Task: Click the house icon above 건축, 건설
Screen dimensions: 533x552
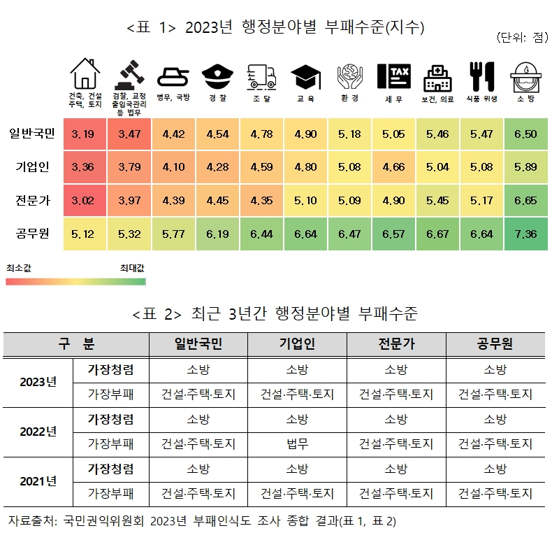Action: (x=85, y=72)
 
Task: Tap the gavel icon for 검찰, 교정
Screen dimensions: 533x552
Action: (x=129, y=72)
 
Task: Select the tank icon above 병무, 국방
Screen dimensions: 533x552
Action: (x=173, y=73)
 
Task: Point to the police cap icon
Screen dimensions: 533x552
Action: (x=217, y=73)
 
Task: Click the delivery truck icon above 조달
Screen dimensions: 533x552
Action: (x=261, y=73)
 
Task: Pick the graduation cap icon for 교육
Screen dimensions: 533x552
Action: (x=305, y=73)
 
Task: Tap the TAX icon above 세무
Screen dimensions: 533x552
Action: (x=393, y=73)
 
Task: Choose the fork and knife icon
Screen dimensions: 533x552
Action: (x=481, y=73)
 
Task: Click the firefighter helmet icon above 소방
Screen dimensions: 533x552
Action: (x=525, y=73)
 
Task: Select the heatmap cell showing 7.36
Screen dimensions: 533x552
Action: (x=525, y=234)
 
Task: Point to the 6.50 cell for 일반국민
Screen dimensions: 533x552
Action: (x=525, y=134)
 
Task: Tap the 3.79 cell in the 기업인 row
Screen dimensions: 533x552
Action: (x=129, y=167)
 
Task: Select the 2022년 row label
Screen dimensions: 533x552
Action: (x=38, y=432)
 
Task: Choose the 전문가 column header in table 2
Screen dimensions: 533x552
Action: (x=396, y=344)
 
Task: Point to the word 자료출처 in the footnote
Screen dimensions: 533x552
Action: (x=31, y=521)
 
